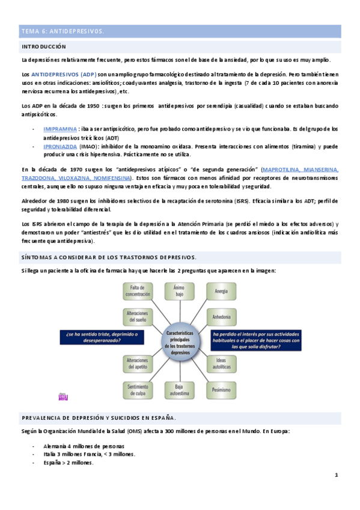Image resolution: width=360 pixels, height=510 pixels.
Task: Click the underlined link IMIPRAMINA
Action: (x=60, y=129)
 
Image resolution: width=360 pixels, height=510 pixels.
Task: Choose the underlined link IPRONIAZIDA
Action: (x=59, y=146)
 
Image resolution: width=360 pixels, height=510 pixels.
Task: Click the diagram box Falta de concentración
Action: (x=138, y=292)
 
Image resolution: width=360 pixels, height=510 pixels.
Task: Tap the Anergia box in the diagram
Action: (x=221, y=292)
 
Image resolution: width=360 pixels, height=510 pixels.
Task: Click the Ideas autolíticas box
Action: (x=221, y=363)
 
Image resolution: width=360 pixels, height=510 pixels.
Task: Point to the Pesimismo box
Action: (x=221, y=390)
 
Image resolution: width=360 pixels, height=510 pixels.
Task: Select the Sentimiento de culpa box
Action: (x=138, y=390)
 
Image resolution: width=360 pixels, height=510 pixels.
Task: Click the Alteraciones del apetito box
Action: (x=138, y=363)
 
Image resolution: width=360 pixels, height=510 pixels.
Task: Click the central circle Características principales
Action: (x=178, y=340)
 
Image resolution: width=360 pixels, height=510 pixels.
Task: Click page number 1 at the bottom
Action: (x=337, y=475)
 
